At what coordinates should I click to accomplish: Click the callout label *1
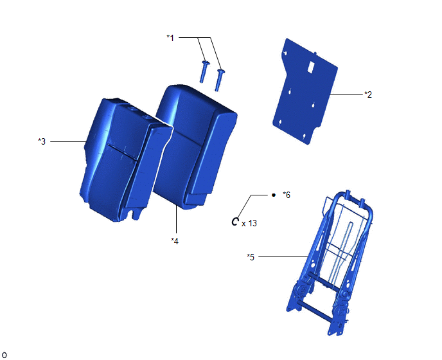(170, 37)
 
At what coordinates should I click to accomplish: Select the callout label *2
(368, 94)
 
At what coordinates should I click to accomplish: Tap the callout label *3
(42, 141)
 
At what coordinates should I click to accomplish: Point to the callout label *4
(175, 241)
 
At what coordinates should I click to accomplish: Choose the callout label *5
(251, 257)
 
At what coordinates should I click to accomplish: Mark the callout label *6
(287, 195)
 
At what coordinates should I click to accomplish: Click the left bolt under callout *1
(204, 71)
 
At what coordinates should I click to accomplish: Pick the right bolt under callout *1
(219, 80)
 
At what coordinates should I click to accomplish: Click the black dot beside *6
(274, 195)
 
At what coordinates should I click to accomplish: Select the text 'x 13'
(249, 224)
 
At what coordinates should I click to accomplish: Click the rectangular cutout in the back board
(311, 67)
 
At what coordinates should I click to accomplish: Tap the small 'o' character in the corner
(4, 355)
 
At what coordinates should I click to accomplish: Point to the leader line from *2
(346, 94)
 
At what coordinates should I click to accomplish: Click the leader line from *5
(283, 256)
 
